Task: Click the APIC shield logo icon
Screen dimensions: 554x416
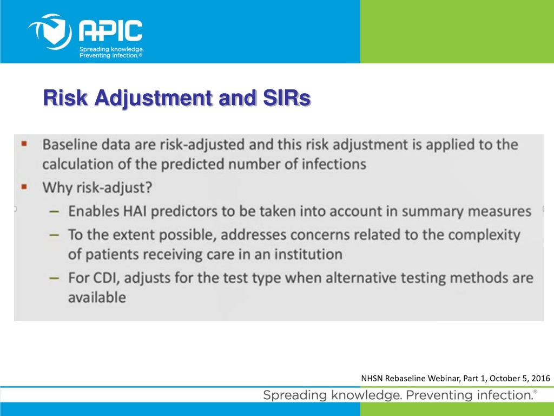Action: coord(50,32)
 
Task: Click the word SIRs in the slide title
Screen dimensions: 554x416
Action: coord(287,97)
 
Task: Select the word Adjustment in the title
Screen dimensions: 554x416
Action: coord(153,99)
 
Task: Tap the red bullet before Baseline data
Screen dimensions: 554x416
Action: coord(24,144)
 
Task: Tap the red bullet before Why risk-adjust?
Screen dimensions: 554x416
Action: coord(24,186)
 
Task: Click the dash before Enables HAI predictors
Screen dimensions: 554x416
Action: coord(54,212)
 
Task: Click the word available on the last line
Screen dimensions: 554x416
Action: coord(97,297)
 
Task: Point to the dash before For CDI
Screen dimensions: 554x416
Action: coord(54,278)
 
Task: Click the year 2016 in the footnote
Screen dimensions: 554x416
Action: coord(540,378)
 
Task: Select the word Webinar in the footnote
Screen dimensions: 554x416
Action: coord(444,378)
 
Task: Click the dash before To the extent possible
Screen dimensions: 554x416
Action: coord(54,235)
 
